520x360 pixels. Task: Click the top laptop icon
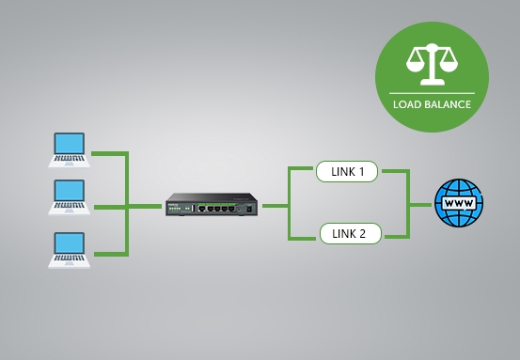pos(70,149)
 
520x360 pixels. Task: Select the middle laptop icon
pos(70,197)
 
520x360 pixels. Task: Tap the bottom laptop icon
pos(70,250)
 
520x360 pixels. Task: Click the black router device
pos(212,205)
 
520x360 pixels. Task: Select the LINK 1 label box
pos(347,171)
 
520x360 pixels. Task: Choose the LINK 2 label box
pos(350,232)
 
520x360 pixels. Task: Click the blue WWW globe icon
pos(458,203)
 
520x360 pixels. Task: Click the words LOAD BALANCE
pos(432,104)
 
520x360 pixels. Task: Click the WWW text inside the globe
pos(458,203)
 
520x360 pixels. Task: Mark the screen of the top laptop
pos(70,144)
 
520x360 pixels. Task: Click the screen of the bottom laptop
pos(71,243)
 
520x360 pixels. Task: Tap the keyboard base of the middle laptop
pos(70,211)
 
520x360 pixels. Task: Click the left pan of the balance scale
pos(414,64)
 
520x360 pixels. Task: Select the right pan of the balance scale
pos(449,64)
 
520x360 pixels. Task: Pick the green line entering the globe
pos(421,204)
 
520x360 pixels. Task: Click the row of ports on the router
pos(221,207)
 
